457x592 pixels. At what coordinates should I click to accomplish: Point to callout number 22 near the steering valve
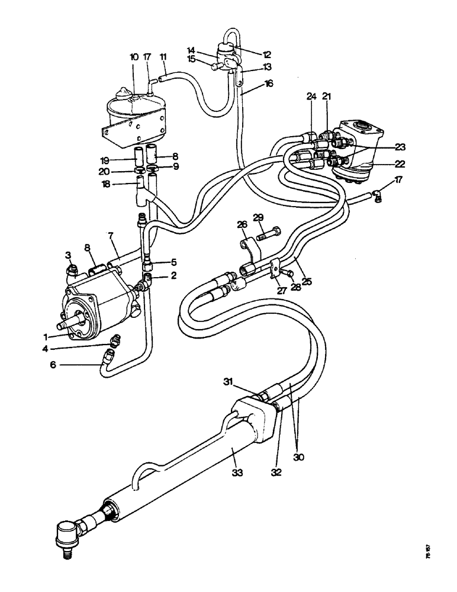click(x=385, y=164)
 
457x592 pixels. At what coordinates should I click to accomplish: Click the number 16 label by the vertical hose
click(x=269, y=85)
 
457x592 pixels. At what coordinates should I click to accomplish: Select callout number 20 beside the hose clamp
click(x=120, y=172)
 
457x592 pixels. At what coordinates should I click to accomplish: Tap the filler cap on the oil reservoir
click(x=123, y=94)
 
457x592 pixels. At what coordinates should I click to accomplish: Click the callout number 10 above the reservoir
click(x=134, y=57)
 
